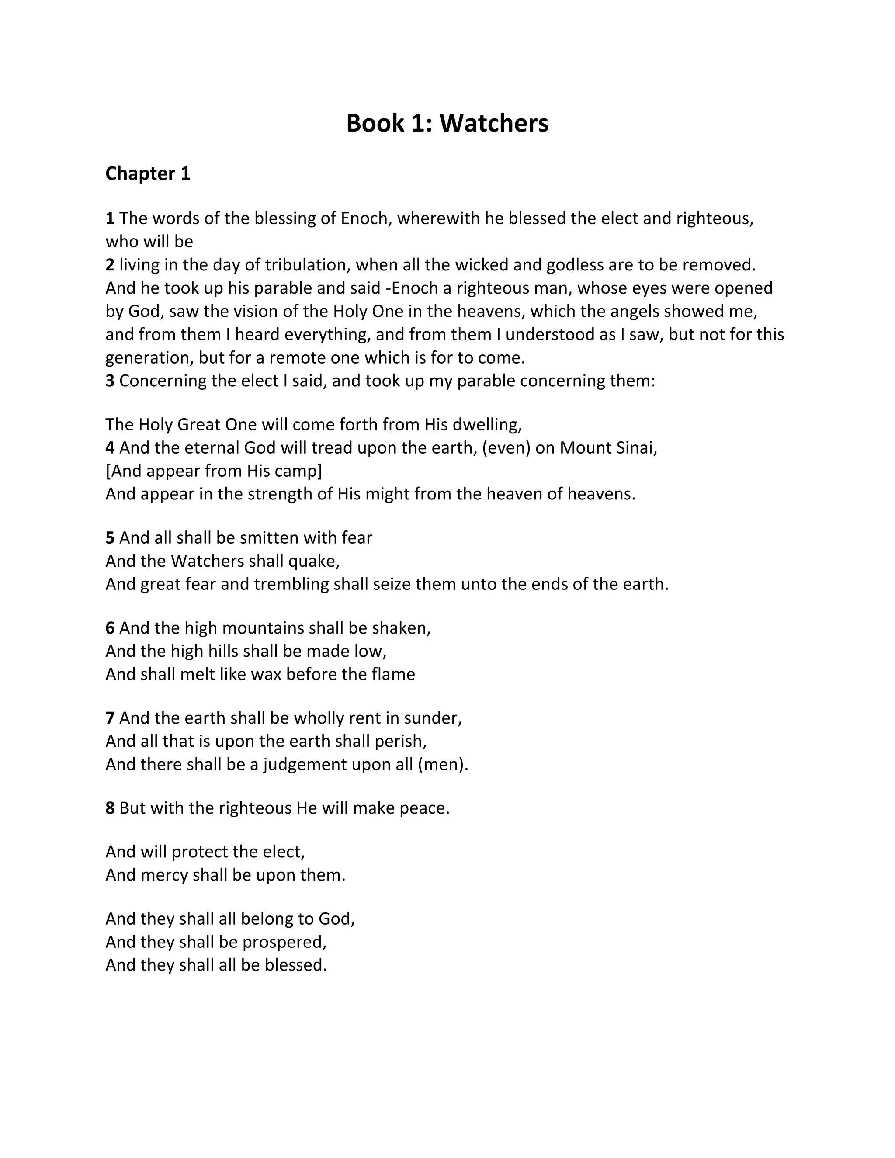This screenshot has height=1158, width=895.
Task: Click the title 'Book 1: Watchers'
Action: pos(447,123)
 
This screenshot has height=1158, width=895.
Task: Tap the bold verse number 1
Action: pos(110,218)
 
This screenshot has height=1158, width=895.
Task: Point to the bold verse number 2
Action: pos(110,264)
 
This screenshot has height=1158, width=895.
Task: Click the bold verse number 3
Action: pos(110,381)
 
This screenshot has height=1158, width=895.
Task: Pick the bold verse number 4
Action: pos(110,448)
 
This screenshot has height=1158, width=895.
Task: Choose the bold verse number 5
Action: pos(110,537)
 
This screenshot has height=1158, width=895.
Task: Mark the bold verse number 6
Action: pos(110,628)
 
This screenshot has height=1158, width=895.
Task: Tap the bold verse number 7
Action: pos(110,718)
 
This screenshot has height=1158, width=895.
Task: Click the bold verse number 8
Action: pos(110,808)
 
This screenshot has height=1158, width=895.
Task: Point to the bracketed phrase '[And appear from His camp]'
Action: pos(214,471)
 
